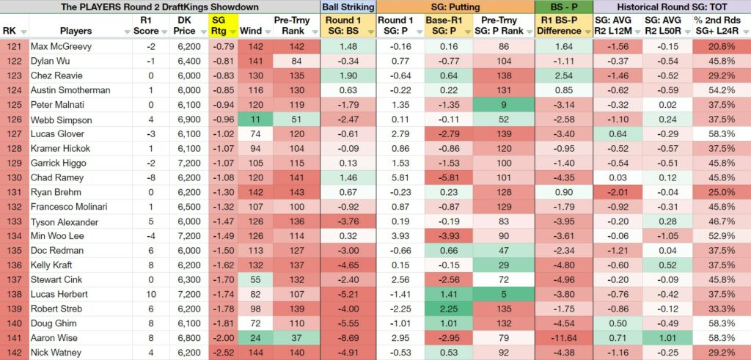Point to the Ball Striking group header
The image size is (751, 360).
coord(348,7)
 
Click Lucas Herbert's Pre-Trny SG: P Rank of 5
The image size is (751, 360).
coord(503,295)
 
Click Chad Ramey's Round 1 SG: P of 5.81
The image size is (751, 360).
coord(401,178)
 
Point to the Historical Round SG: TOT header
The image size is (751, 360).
coord(671,7)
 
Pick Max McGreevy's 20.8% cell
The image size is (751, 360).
coord(722,46)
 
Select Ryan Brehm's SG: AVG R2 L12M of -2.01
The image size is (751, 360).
coord(618,192)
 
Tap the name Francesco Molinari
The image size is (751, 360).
coord(69,207)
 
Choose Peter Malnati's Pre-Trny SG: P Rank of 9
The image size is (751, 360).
coord(503,105)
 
